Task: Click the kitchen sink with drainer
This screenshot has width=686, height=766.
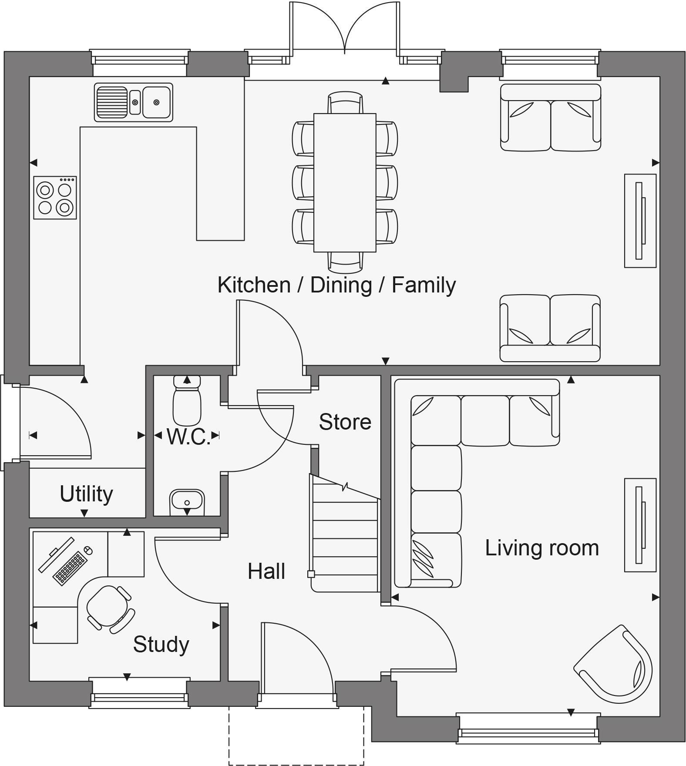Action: tap(133, 102)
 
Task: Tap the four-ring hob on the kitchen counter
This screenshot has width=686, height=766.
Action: tap(55, 198)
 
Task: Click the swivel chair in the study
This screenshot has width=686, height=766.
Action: tap(108, 607)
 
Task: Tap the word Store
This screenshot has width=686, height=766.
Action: tap(345, 422)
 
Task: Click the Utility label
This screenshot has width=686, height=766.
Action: tap(86, 494)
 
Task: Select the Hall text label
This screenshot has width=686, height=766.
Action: tap(266, 571)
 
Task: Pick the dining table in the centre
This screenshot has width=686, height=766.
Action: tap(345, 183)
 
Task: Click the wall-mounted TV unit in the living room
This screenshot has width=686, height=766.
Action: tap(640, 525)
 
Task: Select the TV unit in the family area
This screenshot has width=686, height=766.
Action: tap(640, 221)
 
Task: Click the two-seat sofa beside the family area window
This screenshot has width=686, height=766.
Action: tap(550, 118)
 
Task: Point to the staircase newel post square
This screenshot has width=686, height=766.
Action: tap(311, 574)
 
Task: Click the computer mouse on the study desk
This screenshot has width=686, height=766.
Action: tap(88, 551)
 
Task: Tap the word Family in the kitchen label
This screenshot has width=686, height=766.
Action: tap(424, 285)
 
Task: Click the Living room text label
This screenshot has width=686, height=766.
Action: tap(542, 548)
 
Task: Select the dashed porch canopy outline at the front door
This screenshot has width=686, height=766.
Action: tap(296, 757)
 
